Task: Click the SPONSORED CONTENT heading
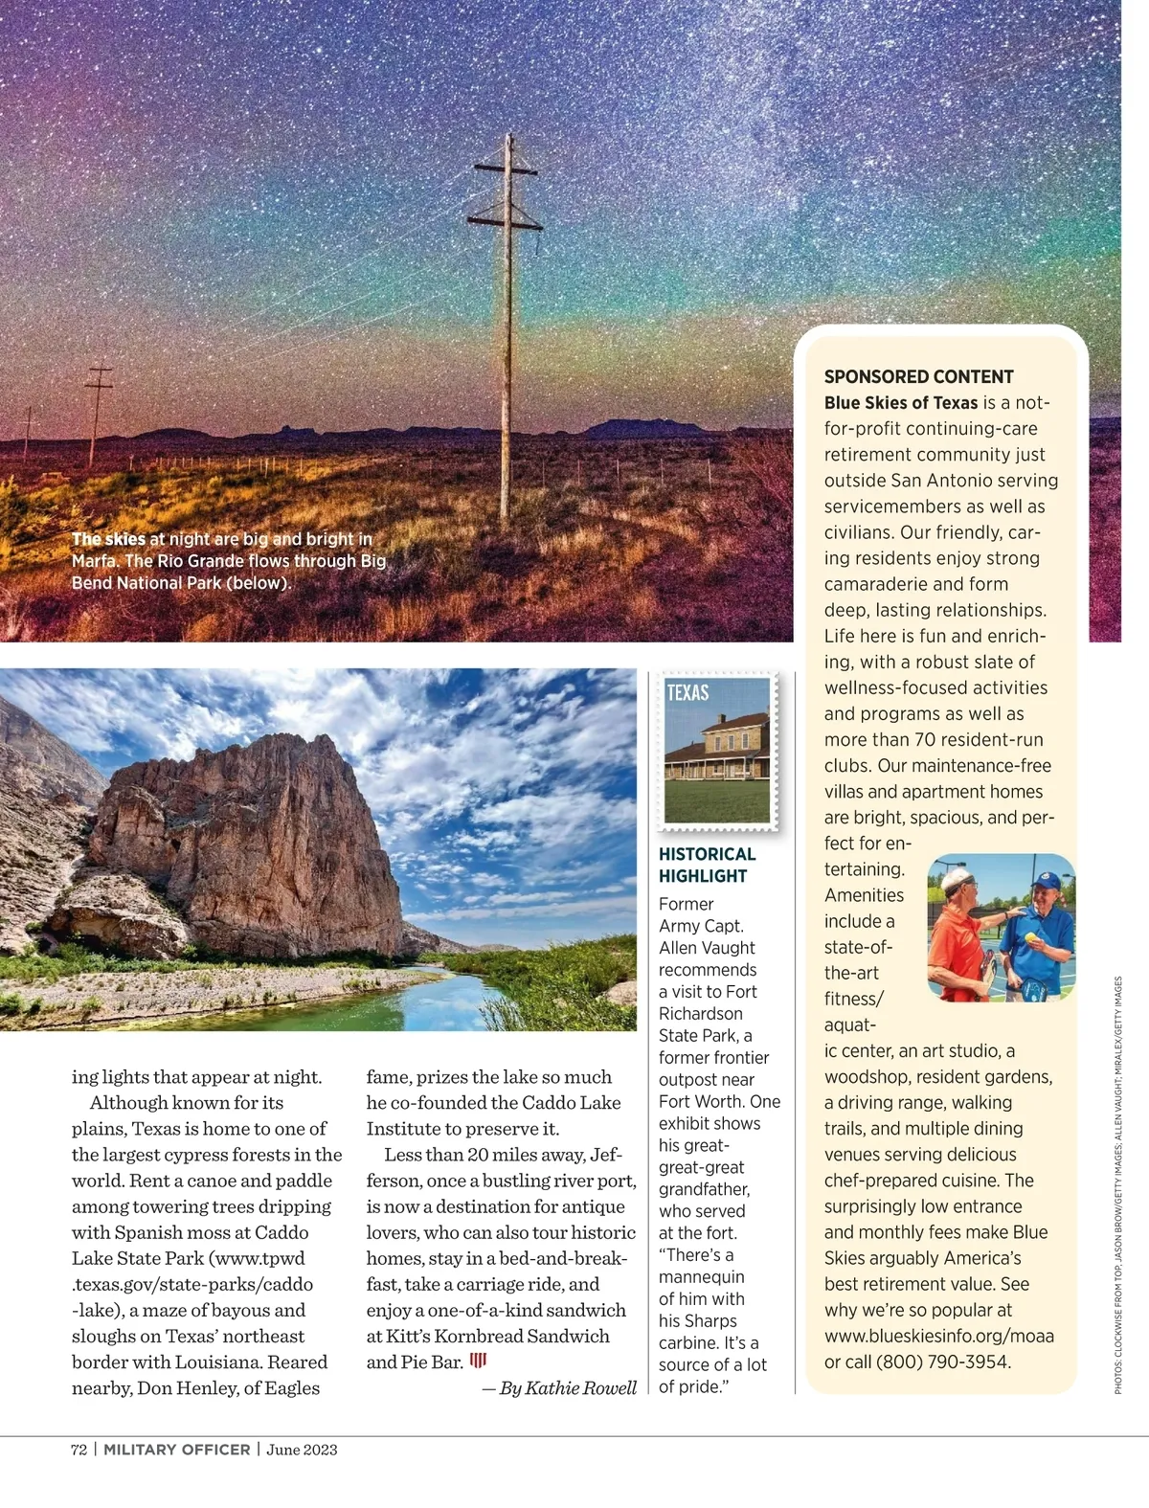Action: [918, 376]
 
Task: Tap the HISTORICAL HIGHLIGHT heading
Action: [707, 865]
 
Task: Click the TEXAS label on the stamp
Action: [687, 693]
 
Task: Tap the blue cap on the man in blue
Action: [1046, 878]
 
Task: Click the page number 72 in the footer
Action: [79, 1450]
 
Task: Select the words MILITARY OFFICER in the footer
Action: [176, 1450]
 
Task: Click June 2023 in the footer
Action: [302, 1450]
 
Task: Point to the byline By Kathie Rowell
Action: [568, 1388]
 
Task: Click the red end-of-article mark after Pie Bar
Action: [478, 1361]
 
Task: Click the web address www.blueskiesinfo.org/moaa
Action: [938, 1336]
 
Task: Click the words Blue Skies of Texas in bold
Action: [901, 403]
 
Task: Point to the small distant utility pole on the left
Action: [98, 412]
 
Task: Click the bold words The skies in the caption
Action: [108, 539]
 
